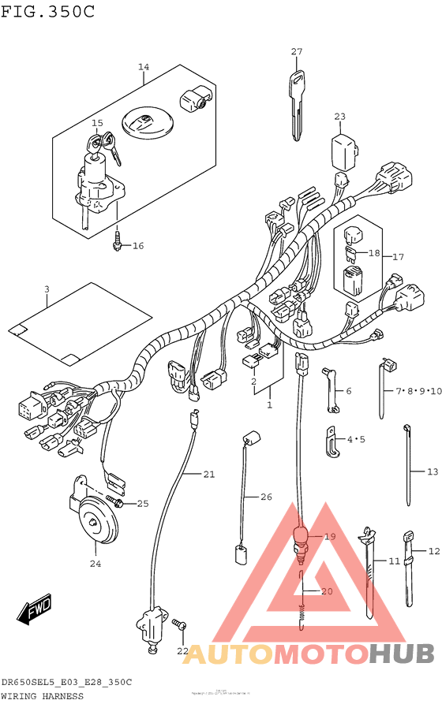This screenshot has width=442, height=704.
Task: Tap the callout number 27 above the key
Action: [296, 52]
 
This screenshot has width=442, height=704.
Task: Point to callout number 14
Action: [143, 67]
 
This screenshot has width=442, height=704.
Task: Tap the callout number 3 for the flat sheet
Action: [47, 290]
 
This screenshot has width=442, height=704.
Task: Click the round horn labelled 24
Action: [97, 520]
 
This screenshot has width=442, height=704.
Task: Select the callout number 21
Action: [208, 474]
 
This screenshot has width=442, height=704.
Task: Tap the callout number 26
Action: [266, 497]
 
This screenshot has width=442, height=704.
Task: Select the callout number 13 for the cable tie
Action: [432, 471]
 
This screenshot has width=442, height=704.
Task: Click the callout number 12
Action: [433, 551]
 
